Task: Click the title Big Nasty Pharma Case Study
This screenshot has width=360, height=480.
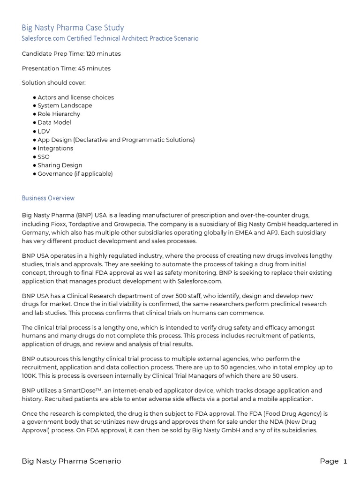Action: coord(73,28)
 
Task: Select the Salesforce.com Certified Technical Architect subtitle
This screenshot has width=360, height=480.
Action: coord(110,38)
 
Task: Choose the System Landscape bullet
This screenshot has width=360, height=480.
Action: coord(65,105)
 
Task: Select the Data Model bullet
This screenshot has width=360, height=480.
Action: coord(54,122)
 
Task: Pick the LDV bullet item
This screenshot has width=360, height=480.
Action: coord(44,131)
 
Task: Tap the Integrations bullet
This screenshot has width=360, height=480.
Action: coord(55,148)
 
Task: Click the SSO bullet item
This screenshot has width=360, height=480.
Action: coord(43,157)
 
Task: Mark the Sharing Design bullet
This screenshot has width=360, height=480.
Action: coord(60,165)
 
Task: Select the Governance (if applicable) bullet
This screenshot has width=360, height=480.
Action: coord(75,173)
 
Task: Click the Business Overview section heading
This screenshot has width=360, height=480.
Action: coord(48,198)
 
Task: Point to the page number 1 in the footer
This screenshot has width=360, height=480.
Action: coord(345,461)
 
